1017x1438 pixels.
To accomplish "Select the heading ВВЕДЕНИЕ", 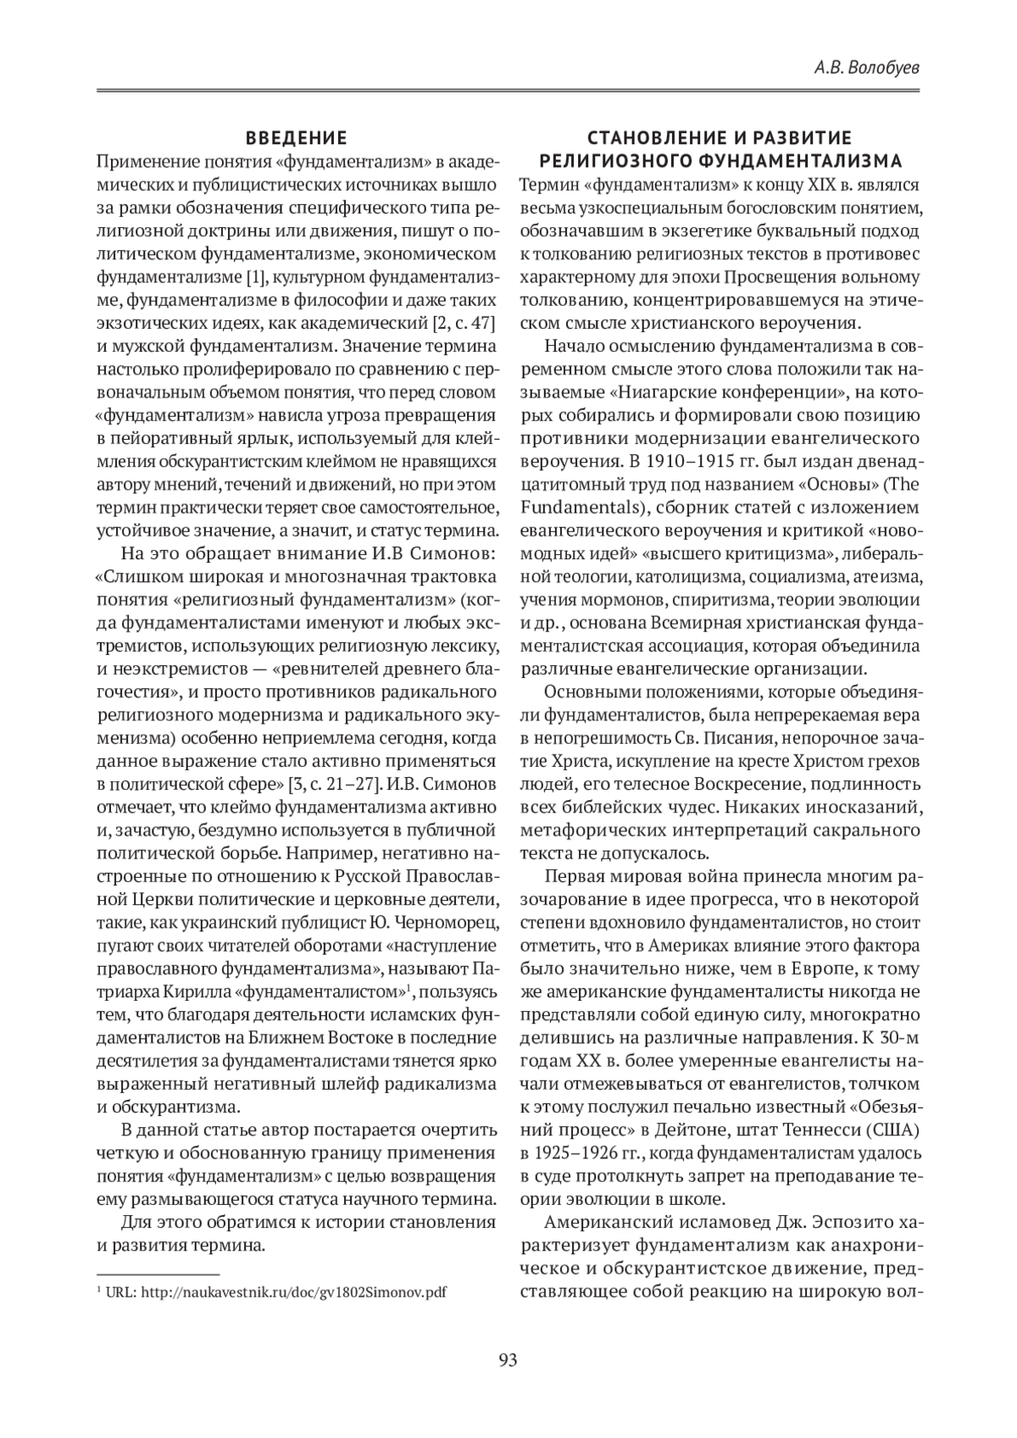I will point(297,139).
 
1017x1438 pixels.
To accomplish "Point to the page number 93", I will point(508,1360).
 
